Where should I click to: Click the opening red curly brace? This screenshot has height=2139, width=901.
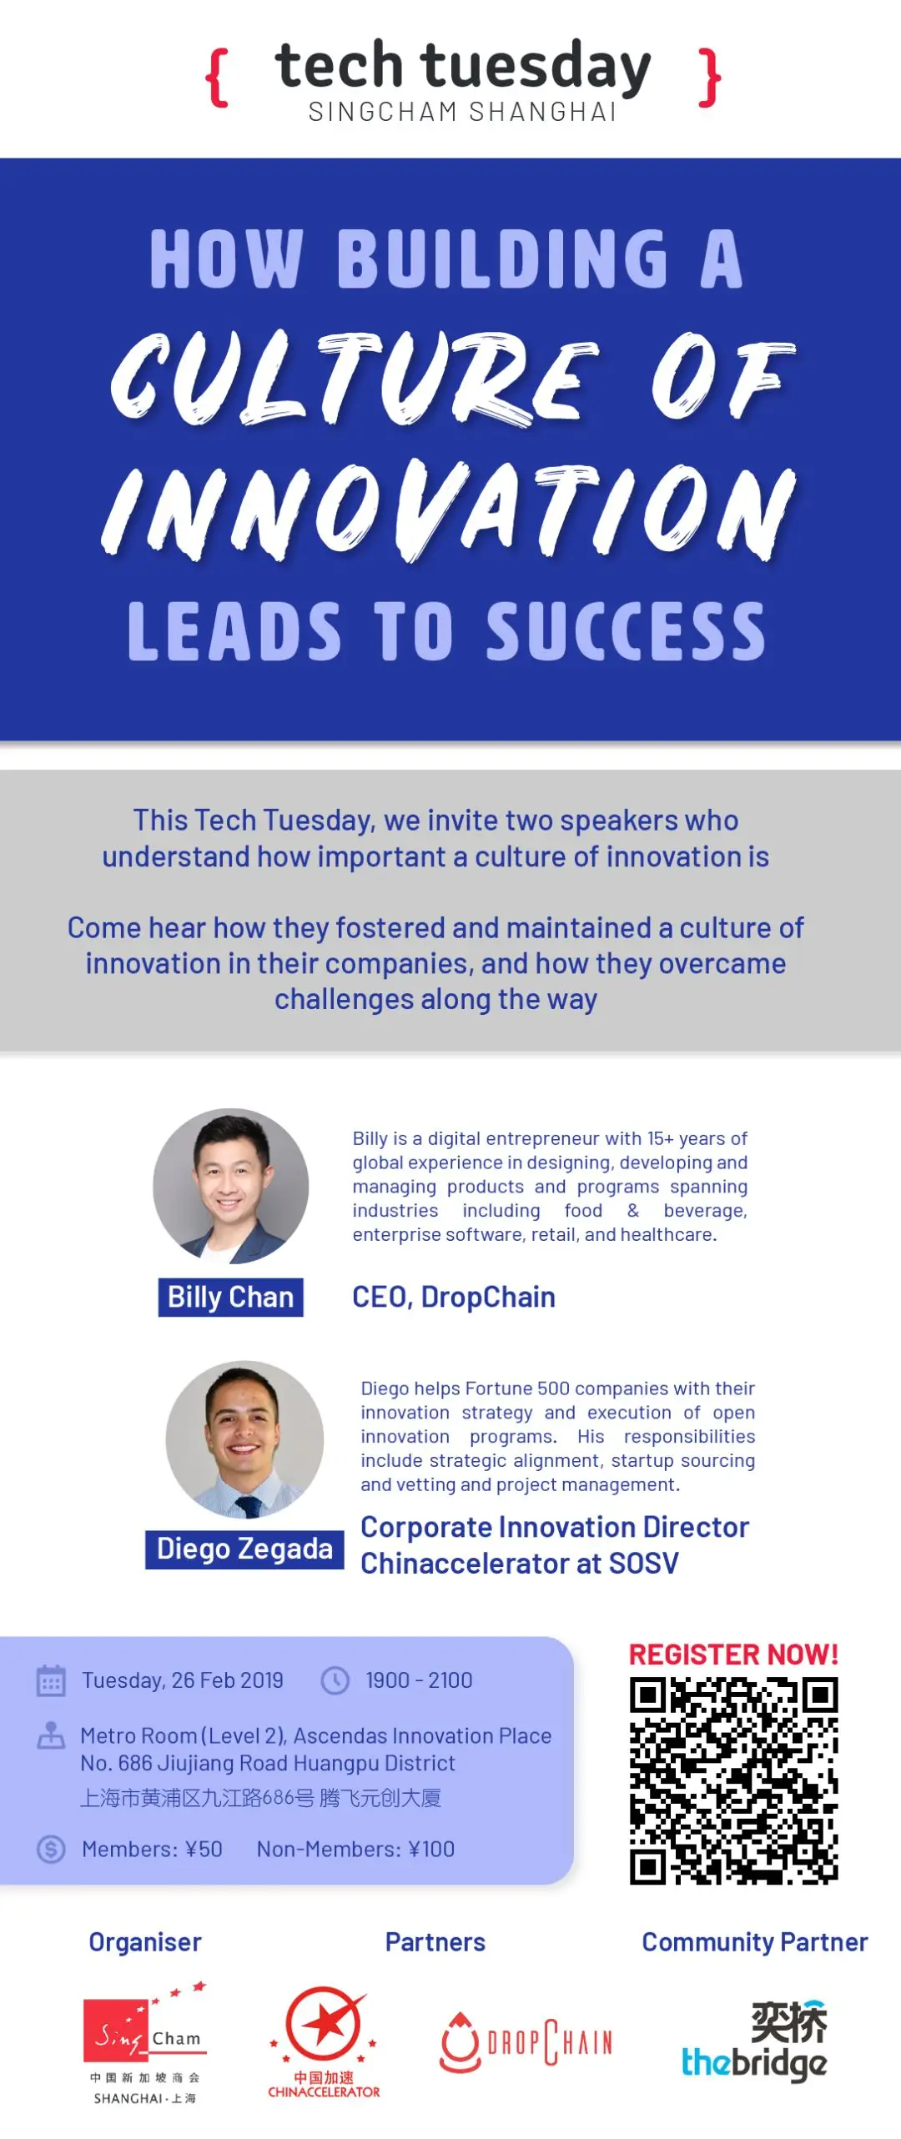(x=217, y=78)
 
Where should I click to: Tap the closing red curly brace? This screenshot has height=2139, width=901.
(x=709, y=78)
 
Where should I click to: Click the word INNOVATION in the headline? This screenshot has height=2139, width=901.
(x=450, y=510)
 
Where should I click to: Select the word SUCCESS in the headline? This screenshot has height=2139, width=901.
(x=626, y=630)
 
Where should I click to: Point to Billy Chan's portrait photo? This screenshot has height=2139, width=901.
(x=231, y=1186)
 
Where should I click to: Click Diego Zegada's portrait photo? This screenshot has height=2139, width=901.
(x=244, y=1439)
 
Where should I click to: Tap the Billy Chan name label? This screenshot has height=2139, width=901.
(x=231, y=1298)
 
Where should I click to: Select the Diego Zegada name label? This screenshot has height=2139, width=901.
(x=244, y=1549)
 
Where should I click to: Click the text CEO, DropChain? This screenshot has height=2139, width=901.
(x=454, y=1298)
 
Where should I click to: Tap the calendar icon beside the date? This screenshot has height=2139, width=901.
(x=51, y=1680)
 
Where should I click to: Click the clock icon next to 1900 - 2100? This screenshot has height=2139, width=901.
(x=335, y=1680)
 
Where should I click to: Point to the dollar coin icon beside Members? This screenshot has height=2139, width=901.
(x=51, y=1849)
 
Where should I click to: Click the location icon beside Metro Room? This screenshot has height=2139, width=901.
(x=51, y=1735)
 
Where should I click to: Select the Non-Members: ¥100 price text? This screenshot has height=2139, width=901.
(x=355, y=1849)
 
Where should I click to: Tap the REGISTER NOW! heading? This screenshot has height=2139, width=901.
(x=733, y=1654)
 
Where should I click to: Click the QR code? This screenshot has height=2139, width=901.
(x=734, y=1780)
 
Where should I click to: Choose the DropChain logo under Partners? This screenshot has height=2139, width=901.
(x=526, y=2041)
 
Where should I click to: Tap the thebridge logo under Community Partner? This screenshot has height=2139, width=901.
(x=755, y=2041)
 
